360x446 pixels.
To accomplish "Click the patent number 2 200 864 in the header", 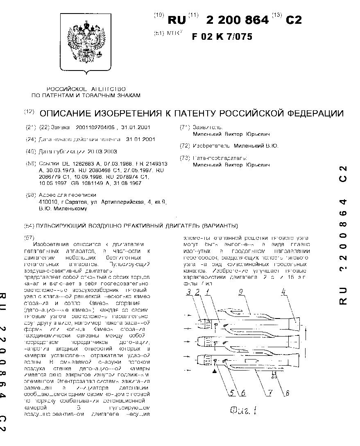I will click(x=238, y=20).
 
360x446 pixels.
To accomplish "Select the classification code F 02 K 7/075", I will click(x=222, y=36).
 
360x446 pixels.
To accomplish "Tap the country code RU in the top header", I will click(x=177, y=20).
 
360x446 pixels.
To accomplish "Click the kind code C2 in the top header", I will click(x=293, y=20).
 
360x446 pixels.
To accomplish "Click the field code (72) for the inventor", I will click(x=186, y=146).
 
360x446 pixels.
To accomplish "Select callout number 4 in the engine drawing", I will click(x=295, y=293).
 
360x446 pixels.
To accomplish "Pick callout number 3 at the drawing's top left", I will click(x=188, y=293).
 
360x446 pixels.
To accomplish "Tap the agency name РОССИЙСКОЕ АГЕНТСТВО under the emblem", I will click(x=86, y=89).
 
